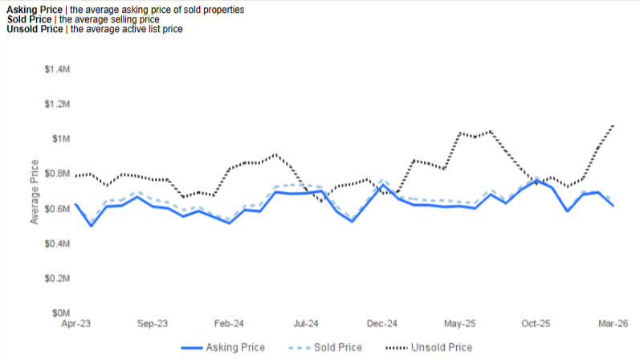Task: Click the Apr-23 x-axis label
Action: click(x=75, y=324)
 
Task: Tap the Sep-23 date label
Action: click(x=152, y=324)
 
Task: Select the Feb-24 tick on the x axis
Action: click(x=229, y=324)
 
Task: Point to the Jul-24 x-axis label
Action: click(x=306, y=324)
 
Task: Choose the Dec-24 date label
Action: click(x=382, y=324)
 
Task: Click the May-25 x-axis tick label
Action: click(x=459, y=324)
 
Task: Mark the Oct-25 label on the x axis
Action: click(x=536, y=324)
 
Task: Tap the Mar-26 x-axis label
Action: click(x=613, y=324)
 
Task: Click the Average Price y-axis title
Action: click(x=35, y=191)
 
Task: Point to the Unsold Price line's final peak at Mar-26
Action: click(x=613, y=125)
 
